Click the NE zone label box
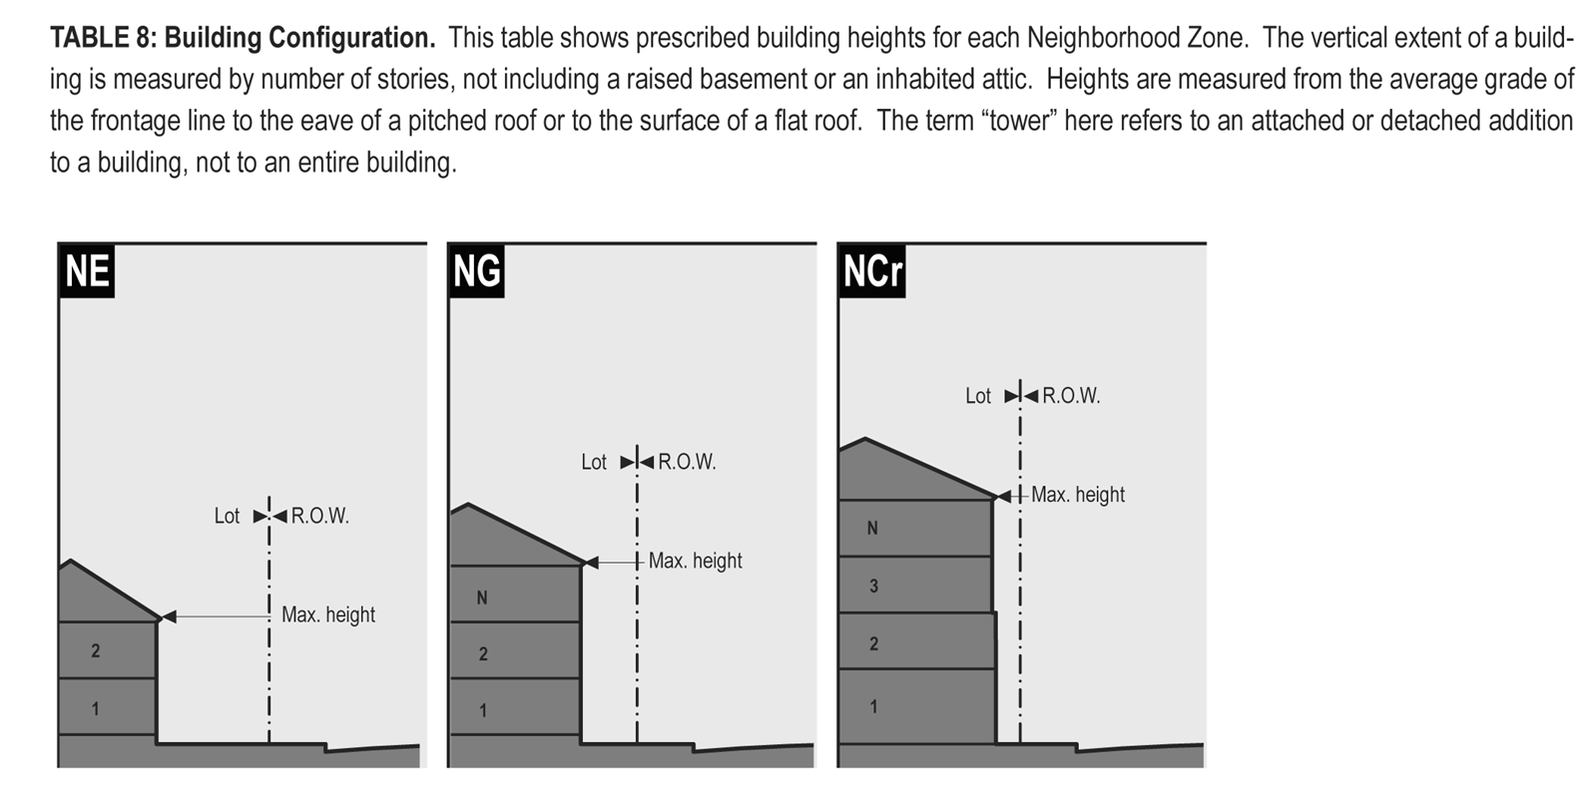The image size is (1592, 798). coord(87,270)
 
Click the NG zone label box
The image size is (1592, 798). coord(476,270)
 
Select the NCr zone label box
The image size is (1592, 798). coord(871,270)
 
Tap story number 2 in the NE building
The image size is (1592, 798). coord(96,651)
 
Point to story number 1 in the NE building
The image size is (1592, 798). coord(96,709)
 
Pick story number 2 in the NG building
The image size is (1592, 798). coord(483,654)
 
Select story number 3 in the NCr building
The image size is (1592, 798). coord(873,587)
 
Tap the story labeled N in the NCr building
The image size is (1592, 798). coord(872,529)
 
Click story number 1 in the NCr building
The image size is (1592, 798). coord(873,707)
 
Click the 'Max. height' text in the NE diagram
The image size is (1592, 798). coord(328,614)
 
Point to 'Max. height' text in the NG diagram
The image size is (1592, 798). coord(695,561)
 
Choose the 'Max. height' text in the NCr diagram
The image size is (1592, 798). coord(1077,495)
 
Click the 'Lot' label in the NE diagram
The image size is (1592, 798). coord(227,516)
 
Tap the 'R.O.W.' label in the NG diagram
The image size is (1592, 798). coord(687,462)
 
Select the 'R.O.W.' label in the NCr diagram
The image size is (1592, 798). coord(1071,396)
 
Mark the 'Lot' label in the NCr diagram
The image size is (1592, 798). coord(978,396)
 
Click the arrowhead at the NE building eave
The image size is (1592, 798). coord(169,617)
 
